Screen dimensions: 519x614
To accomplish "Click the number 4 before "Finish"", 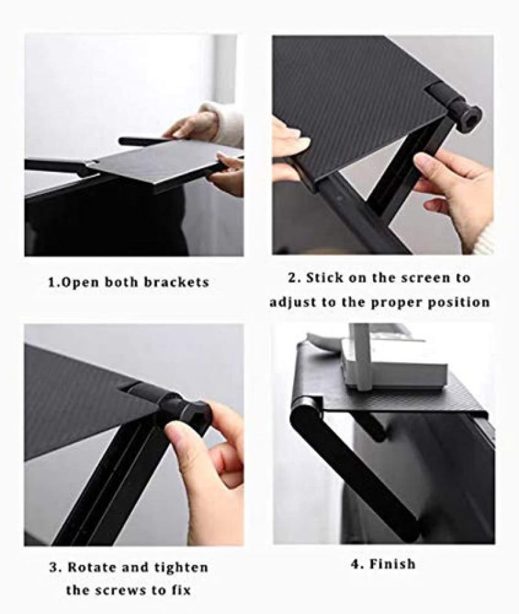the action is (356, 564).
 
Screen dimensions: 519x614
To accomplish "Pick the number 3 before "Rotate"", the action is (54, 567).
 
